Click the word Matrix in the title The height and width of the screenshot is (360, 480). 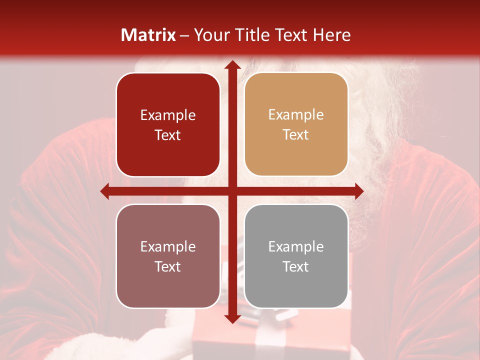(148, 35)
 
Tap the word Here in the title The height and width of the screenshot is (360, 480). (331, 35)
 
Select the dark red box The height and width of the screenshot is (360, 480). (168, 124)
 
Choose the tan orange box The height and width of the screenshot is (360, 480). (296, 124)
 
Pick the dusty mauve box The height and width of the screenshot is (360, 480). (168, 256)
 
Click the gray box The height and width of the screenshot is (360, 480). (296, 256)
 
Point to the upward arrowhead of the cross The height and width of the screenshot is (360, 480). (232, 65)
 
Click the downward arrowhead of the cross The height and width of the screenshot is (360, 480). (232, 318)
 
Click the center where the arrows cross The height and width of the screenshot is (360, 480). (232, 191)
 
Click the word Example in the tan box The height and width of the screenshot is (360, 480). (296, 115)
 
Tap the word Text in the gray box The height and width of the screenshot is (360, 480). (296, 266)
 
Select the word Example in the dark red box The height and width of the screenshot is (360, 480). (168, 115)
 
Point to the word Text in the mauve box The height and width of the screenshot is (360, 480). (168, 266)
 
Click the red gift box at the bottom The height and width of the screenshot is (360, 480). (220, 345)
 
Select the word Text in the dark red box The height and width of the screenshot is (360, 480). (168, 135)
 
